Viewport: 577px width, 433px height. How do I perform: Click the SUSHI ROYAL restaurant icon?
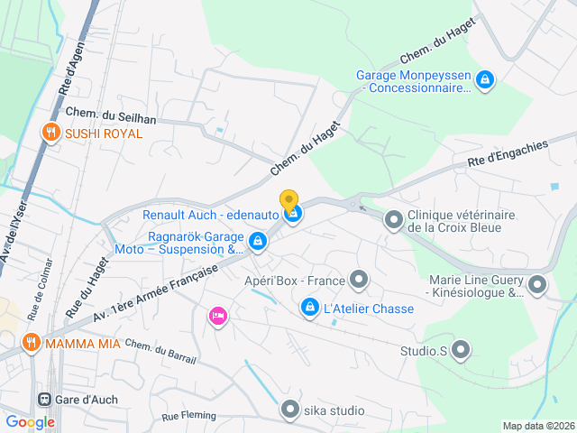coord(50,133)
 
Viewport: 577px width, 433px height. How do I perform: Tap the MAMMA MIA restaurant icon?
coord(32,342)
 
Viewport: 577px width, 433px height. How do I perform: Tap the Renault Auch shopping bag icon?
coord(293,215)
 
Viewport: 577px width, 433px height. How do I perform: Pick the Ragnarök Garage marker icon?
coord(258,241)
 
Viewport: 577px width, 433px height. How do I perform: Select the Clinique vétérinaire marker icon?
coord(394,219)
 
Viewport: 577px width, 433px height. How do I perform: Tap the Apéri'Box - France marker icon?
coord(360,280)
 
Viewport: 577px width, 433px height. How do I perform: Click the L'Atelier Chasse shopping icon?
coord(310,309)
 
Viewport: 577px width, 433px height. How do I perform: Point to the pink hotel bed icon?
coord(217,316)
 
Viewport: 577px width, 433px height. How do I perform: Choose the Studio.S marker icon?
coord(461,349)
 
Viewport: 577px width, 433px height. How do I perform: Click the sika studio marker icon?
coord(289,410)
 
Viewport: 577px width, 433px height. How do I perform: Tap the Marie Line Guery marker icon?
coord(537,286)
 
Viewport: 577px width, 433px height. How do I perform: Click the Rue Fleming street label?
coord(189,416)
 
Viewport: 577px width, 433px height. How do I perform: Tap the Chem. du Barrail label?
coord(160,352)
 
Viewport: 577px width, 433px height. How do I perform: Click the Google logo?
coord(30,421)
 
